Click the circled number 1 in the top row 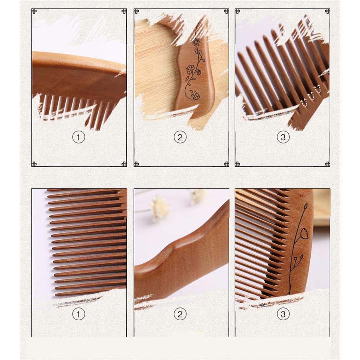tap(79, 137)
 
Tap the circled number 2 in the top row tap(180, 137)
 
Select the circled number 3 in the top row tap(283, 137)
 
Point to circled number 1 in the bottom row tap(79, 314)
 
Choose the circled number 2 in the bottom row tap(180, 314)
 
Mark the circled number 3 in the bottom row tap(283, 314)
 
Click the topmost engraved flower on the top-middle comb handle tap(196, 42)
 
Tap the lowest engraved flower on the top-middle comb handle tap(195, 95)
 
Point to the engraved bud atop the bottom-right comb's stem tap(305, 206)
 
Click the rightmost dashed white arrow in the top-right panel tap(318, 89)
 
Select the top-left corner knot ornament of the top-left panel tap(34, 11)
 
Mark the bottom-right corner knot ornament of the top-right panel tap(328, 164)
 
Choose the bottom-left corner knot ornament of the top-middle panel tap(136, 164)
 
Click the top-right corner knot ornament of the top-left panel tap(124, 11)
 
